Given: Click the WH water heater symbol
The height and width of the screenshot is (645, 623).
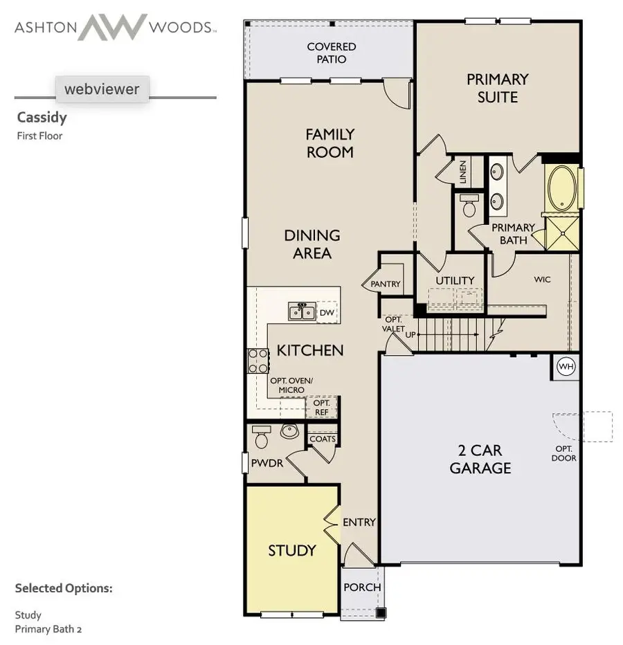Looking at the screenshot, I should (x=566, y=365).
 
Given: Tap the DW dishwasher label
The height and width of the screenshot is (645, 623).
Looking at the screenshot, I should (x=327, y=313).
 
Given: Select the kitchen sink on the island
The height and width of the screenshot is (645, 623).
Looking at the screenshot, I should (x=302, y=312).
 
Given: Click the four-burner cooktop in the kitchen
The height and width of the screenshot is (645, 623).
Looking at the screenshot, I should (x=258, y=361).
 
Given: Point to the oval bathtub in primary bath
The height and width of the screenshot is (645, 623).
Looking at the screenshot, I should (x=562, y=188).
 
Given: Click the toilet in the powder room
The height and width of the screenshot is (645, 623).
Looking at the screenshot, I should (x=262, y=438).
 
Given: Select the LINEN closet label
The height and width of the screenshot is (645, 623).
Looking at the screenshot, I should (x=462, y=172).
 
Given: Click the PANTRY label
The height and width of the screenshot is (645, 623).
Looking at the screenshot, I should (x=386, y=284).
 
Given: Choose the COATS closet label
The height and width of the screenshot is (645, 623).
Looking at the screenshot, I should (x=323, y=439).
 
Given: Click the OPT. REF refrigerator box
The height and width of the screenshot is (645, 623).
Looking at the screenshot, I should (x=321, y=407).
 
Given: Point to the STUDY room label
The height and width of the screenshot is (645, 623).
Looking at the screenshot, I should (x=291, y=551).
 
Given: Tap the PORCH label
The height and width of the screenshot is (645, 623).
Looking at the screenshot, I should (x=362, y=588).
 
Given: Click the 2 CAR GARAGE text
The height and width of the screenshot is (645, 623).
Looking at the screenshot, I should (x=480, y=459).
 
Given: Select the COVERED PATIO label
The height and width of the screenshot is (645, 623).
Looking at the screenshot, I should (x=332, y=53).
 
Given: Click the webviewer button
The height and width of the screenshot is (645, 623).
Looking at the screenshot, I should (x=102, y=89).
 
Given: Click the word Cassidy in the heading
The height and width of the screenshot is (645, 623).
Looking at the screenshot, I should (x=42, y=118).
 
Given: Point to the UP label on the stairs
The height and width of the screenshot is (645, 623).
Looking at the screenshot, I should (x=410, y=334).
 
